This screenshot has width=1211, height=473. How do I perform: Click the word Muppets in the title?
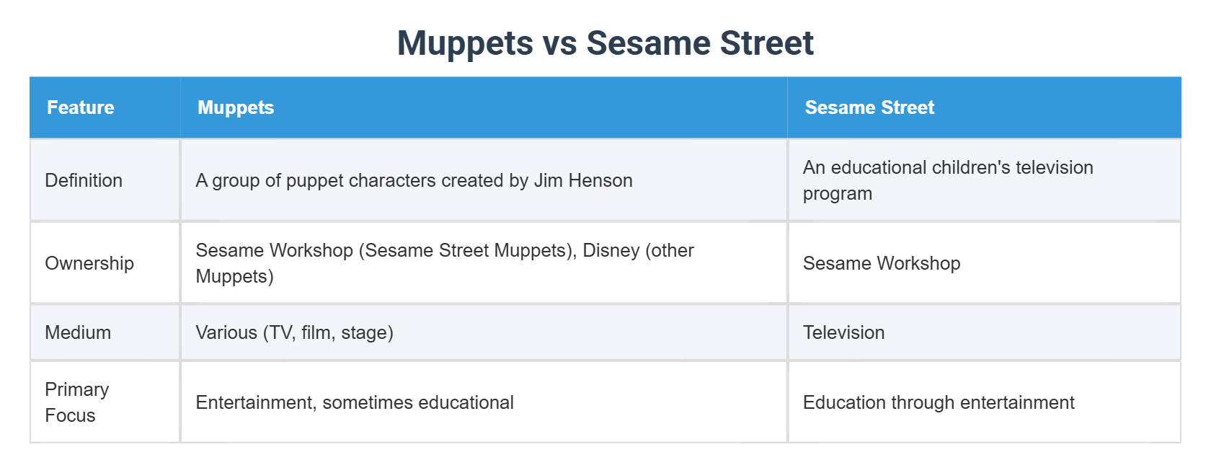click(x=465, y=43)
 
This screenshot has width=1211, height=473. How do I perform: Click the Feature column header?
click(x=81, y=107)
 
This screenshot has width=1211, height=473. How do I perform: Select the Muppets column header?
click(x=236, y=107)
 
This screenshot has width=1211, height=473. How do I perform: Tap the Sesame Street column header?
click(x=869, y=107)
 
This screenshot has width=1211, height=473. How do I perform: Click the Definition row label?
click(x=84, y=180)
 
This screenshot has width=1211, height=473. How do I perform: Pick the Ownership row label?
click(x=89, y=263)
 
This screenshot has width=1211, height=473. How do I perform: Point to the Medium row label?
click(x=78, y=332)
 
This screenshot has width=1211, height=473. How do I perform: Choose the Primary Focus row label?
click(x=76, y=402)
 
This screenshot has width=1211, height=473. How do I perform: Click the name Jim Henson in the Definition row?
click(x=583, y=180)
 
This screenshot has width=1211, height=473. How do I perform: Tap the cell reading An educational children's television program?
click(x=948, y=180)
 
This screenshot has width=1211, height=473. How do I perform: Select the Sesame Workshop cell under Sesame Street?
click(x=882, y=263)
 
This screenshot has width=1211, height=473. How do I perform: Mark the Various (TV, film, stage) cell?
click(x=294, y=332)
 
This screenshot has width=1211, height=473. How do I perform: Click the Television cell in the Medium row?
click(x=843, y=332)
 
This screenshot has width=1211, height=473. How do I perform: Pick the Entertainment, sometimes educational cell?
click(x=355, y=402)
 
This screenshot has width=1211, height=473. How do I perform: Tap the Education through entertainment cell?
click(x=939, y=402)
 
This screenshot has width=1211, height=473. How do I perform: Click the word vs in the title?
click(x=559, y=43)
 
